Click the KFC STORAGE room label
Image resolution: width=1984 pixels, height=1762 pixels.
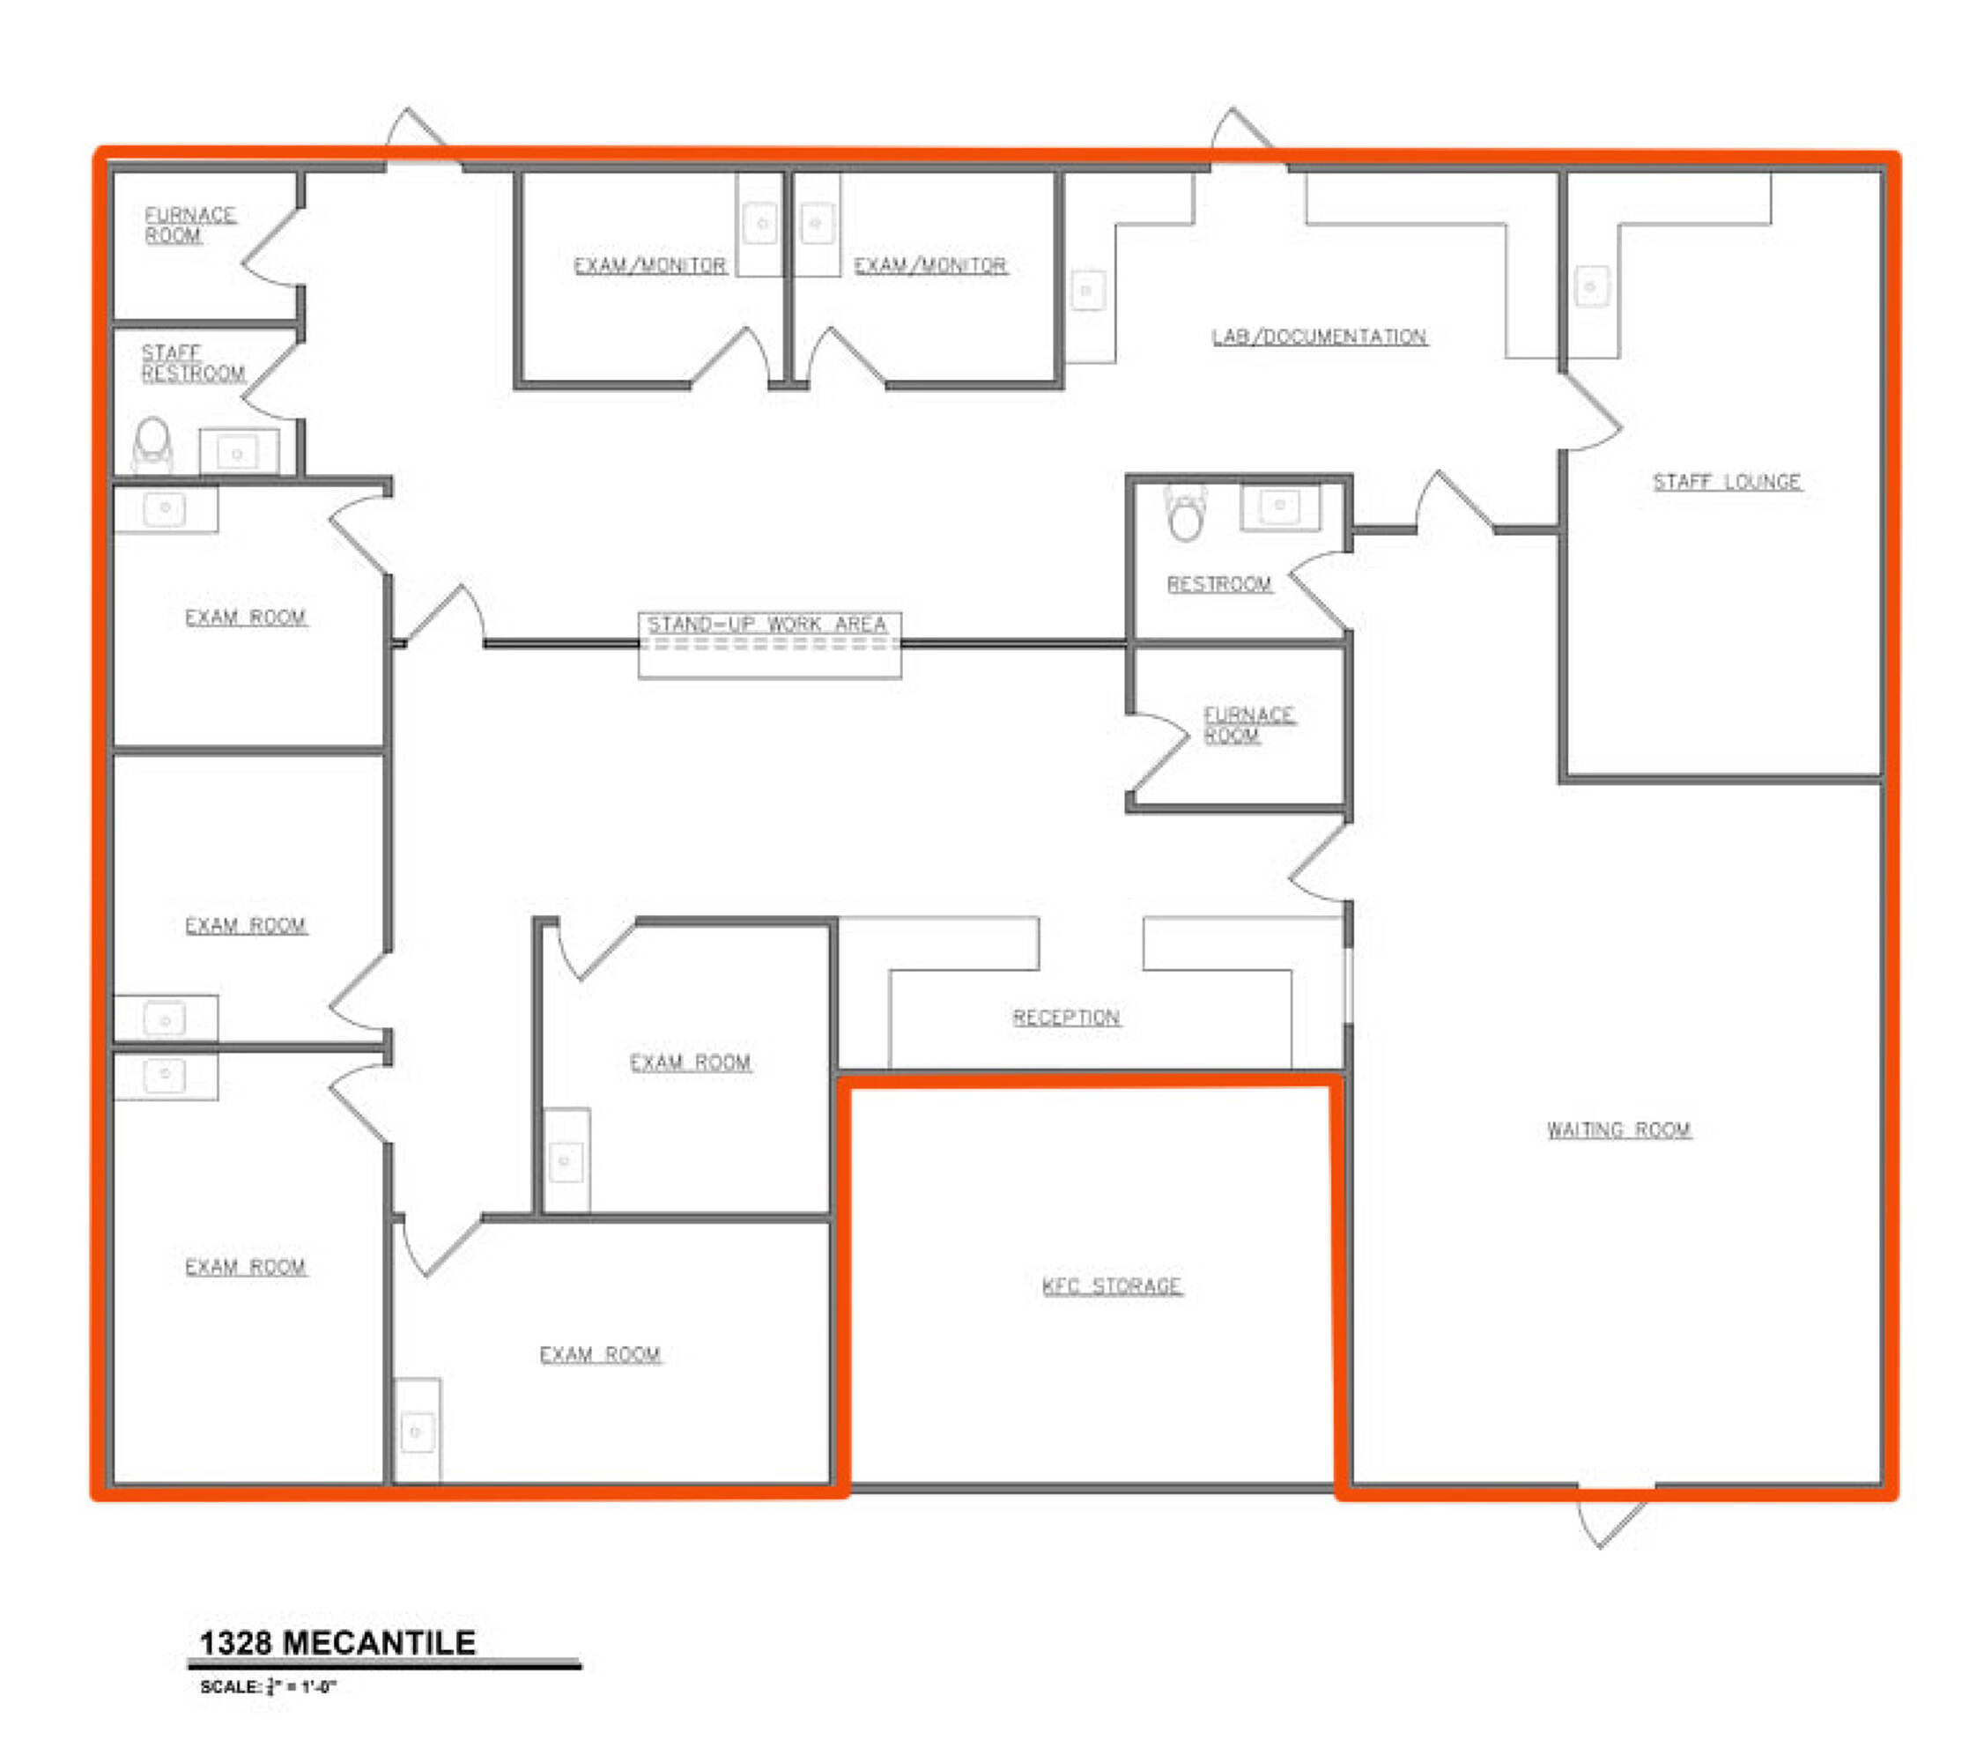pos(1112,1286)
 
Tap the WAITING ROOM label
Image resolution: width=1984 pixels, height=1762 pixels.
pos(1619,1130)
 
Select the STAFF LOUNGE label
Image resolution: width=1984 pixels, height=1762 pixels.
pos(1727,482)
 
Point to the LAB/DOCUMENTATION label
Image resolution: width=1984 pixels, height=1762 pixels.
pos(1319,337)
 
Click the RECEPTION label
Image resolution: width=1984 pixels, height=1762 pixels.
pos(1066,1018)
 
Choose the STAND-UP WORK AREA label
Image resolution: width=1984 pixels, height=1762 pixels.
pos(767,625)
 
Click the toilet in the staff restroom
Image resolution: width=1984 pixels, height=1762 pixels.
pos(152,444)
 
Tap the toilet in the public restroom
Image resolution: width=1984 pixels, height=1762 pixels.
pos(1185,512)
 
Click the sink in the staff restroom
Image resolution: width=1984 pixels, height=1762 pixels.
pos(237,452)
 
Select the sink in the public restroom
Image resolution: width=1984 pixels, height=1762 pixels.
pos(1279,505)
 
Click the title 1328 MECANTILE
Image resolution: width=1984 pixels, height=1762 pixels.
pos(337,1642)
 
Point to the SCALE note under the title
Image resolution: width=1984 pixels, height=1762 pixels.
pos(268,1686)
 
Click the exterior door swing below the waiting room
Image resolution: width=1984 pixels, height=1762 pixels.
pos(1611,1517)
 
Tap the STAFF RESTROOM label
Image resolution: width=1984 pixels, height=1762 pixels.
pos(192,363)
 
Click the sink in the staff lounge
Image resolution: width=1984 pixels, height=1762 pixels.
pos(1591,286)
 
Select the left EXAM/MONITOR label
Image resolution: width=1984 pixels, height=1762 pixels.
pos(649,265)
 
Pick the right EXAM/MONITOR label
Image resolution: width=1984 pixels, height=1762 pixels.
pos(929,265)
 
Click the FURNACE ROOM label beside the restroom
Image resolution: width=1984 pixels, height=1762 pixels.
pos(1248,725)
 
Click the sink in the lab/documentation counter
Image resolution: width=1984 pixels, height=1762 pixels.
pos(1087,290)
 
